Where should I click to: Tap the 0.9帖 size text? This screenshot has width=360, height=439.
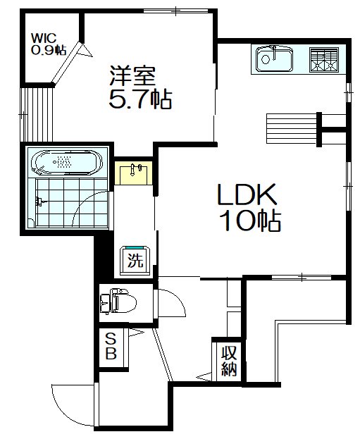point(48,50)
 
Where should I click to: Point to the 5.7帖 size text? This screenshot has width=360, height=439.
point(139,99)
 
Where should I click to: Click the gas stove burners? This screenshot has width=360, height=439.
point(324,59)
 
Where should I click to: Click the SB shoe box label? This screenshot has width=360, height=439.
point(111,346)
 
